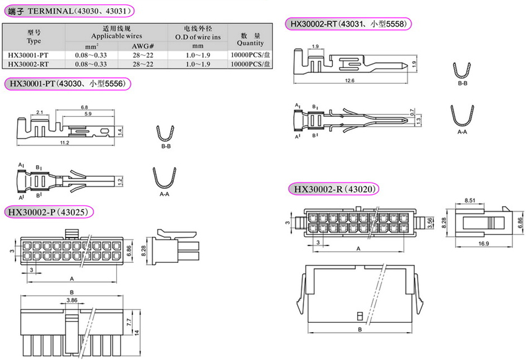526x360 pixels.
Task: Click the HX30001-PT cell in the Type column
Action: (28, 55)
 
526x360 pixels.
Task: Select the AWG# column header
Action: (142, 46)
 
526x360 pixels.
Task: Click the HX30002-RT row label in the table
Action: (28, 64)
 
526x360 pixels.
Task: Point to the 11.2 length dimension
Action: (64, 143)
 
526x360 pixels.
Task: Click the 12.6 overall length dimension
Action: (350, 81)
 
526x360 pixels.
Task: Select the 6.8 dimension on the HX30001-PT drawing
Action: (84, 107)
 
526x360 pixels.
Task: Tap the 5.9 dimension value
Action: (88, 114)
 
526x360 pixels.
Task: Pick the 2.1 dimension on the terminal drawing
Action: (40, 113)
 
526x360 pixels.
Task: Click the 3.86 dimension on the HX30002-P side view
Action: (72, 301)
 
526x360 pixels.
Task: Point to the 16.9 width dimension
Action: (483, 243)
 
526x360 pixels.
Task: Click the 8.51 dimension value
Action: (470, 200)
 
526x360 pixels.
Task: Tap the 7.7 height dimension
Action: (129, 322)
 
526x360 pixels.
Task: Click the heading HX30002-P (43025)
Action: (48, 212)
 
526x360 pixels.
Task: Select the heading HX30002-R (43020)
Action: (334, 189)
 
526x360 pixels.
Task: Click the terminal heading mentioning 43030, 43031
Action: (69, 11)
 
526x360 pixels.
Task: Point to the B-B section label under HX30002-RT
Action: (462, 83)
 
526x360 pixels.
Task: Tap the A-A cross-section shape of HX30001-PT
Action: (165, 178)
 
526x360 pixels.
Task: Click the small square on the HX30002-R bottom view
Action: (360, 315)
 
